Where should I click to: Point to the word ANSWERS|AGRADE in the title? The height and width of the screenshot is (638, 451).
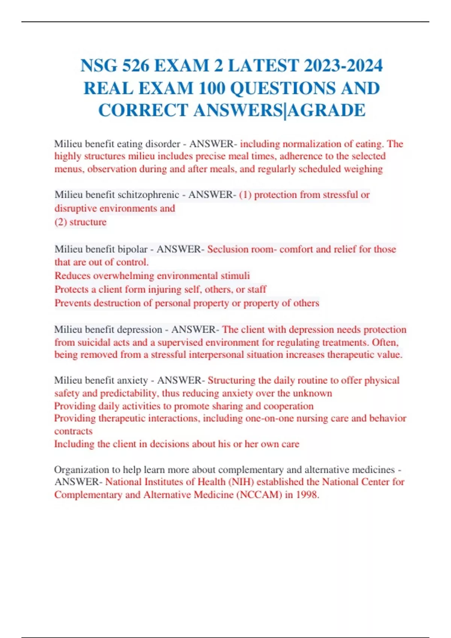click(280, 111)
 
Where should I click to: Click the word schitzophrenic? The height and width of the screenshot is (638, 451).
click(148, 195)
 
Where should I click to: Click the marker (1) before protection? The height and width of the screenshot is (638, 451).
click(245, 195)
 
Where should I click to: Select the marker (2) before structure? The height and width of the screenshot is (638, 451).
click(61, 222)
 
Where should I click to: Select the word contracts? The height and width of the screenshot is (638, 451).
click(73, 431)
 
